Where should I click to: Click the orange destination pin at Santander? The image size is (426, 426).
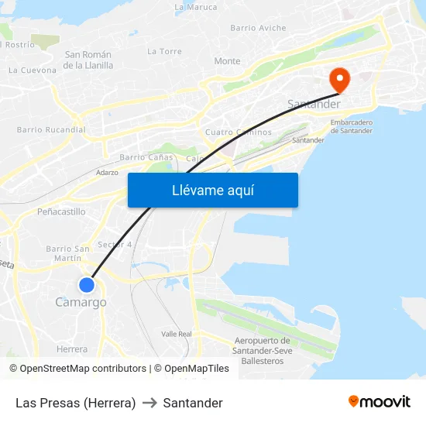coord(339,79)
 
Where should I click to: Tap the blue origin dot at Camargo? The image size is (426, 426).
coord(87,285)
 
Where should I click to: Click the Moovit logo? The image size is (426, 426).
coord(380,402)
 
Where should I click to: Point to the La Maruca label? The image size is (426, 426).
coord(196,7)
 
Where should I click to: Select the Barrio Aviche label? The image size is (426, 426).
coord(258,28)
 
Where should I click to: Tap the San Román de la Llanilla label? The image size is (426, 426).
coord(88,60)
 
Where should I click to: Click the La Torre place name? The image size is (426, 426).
coord(164,51)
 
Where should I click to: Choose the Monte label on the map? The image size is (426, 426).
coord(227,61)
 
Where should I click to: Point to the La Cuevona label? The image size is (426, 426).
coord(33,70)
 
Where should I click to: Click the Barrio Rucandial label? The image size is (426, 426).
coord(51,130)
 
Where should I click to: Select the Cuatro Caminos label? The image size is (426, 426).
coord(239,132)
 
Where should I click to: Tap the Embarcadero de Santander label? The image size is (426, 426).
coord(351,126)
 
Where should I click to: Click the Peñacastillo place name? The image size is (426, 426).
coord(61,211)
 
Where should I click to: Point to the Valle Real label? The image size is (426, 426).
coord(176,334)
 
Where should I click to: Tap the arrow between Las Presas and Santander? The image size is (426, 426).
coord(149,403)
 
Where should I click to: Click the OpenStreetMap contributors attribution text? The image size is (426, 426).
coord(83,369)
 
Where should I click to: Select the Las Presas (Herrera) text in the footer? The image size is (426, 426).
coord(75,403)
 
